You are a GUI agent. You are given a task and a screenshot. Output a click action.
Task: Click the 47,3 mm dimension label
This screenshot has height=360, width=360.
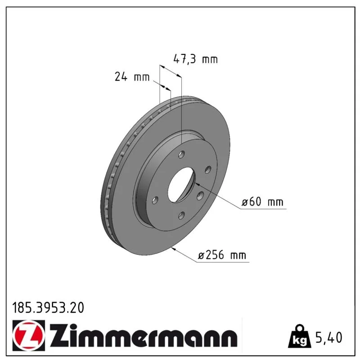click(x=195, y=59)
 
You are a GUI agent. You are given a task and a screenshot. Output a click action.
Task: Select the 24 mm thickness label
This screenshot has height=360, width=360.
click(x=132, y=76)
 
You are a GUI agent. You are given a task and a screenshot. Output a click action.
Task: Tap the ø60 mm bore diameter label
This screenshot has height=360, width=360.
click(x=262, y=202)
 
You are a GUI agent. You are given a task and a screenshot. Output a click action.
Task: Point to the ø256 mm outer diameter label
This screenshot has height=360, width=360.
click(x=222, y=255)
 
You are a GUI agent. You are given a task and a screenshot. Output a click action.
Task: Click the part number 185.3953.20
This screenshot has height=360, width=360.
click(x=48, y=308)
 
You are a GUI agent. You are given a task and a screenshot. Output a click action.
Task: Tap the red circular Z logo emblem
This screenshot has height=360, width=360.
click(x=29, y=335)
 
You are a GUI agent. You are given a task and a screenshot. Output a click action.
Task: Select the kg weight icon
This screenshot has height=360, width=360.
click(x=300, y=336)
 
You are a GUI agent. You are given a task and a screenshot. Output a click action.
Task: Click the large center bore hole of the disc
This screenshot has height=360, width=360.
click(x=181, y=185)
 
